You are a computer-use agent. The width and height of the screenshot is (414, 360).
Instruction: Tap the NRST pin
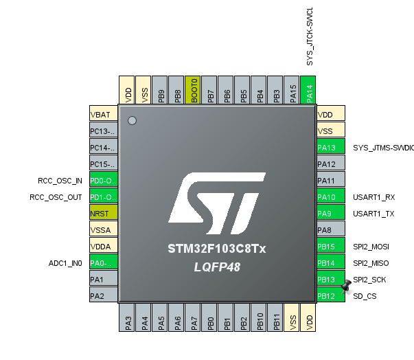coord(104,214)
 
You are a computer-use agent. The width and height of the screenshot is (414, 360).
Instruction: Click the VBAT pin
coord(104,115)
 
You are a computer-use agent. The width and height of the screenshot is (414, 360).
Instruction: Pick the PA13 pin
coord(330,148)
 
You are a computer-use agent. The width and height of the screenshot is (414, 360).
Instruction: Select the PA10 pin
coord(330,197)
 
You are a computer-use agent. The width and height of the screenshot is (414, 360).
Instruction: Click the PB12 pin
coord(330,296)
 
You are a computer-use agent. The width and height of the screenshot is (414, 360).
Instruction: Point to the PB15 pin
coord(330,247)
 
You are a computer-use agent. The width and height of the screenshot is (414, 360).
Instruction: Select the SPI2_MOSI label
coord(376,247)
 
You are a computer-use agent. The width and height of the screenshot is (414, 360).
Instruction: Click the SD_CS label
coord(365,296)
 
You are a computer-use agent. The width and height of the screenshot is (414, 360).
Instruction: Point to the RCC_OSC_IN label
coord(60,181)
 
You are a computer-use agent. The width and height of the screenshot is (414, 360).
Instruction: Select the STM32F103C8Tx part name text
coord(217,248)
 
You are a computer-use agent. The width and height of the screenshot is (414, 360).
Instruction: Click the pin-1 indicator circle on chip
coord(133,121)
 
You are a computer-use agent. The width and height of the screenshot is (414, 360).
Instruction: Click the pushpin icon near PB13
coord(347,284)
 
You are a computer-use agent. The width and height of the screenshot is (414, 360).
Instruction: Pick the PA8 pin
coord(330,230)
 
